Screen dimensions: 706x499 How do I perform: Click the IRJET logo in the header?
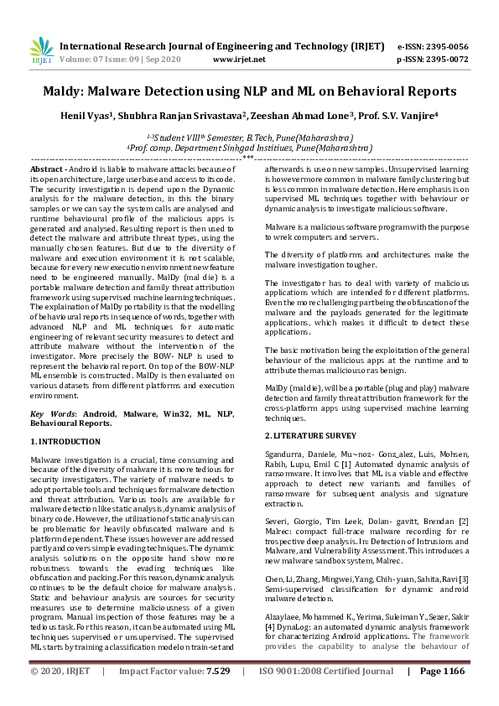pos(41,51)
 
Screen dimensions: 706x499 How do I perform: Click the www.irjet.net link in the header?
pos(239,60)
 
